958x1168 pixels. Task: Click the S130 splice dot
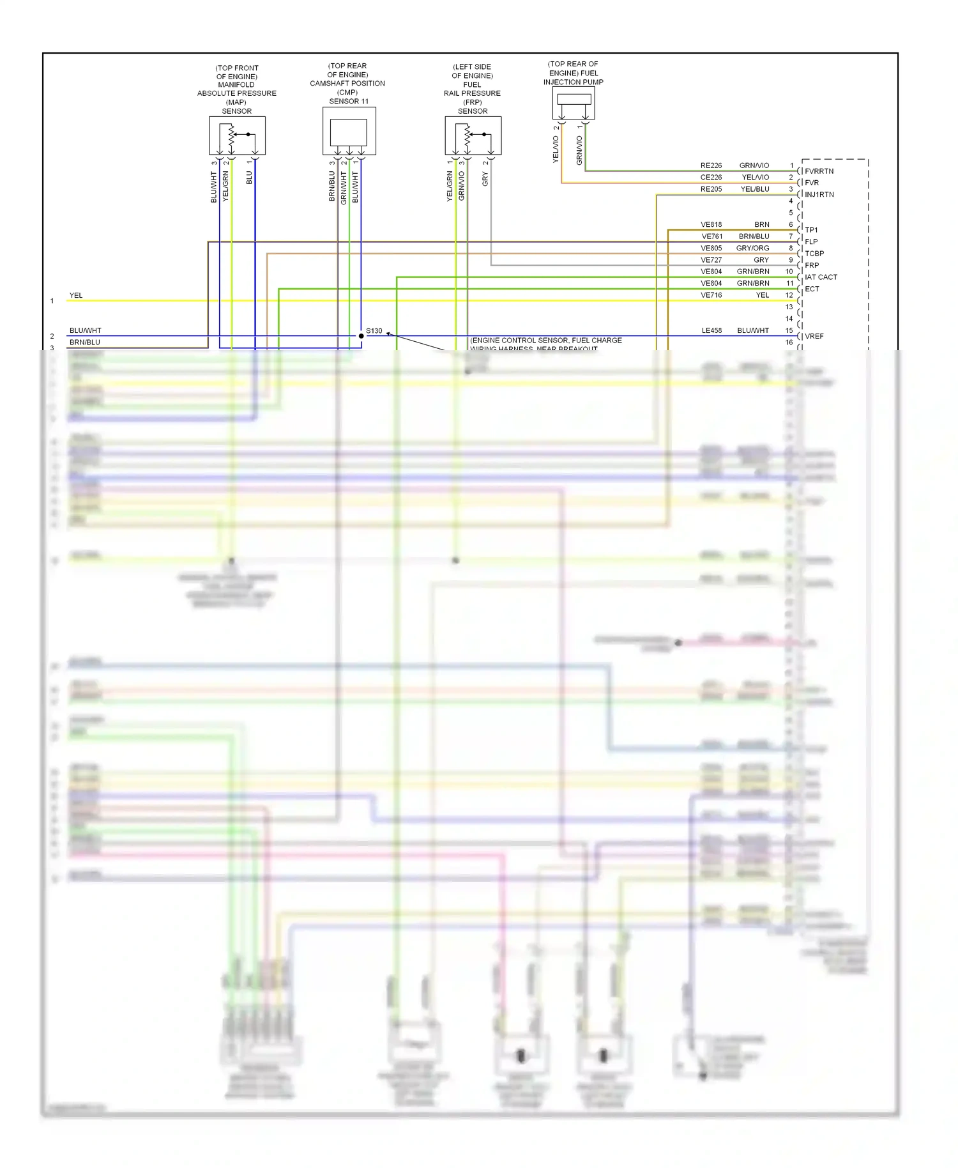click(361, 335)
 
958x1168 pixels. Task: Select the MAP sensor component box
click(237, 135)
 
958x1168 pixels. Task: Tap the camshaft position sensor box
click(349, 131)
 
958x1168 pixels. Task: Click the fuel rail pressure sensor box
click(473, 135)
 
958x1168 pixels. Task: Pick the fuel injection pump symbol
click(574, 103)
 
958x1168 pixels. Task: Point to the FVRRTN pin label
click(819, 171)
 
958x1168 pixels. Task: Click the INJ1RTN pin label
click(819, 195)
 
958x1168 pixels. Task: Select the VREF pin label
click(814, 336)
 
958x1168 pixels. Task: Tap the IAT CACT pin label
click(821, 277)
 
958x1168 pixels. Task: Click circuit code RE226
click(711, 165)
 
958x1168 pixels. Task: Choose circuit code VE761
click(711, 236)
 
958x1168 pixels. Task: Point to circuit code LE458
click(711, 330)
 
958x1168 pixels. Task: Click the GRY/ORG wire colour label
click(752, 248)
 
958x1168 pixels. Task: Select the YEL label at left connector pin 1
click(76, 295)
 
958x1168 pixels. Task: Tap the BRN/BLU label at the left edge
click(84, 342)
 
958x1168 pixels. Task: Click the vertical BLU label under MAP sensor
click(249, 178)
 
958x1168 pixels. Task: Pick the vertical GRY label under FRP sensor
click(485, 180)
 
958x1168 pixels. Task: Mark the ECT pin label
click(812, 289)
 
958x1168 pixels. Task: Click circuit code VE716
click(711, 295)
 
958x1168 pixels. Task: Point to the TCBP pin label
click(814, 254)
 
